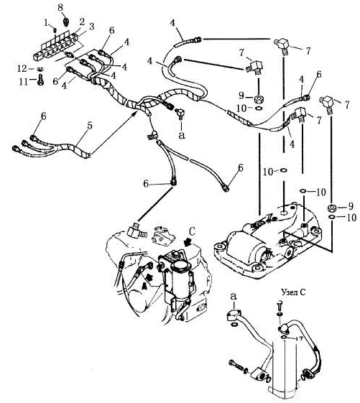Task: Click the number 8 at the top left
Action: tap(60, 7)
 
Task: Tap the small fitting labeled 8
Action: tap(66, 21)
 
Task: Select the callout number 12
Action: tap(22, 69)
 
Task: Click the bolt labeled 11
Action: tap(40, 80)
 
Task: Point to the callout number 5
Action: tap(90, 126)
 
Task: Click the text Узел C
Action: tap(293, 292)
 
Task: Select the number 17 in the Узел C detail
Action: tap(299, 339)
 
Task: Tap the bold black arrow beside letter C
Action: tap(188, 242)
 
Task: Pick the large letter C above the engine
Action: tap(193, 231)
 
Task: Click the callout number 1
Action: tap(46, 23)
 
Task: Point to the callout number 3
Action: tap(91, 27)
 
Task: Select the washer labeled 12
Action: tap(40, 69)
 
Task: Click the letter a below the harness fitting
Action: tap(182, 135)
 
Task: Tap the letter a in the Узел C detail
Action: tap(234, 297)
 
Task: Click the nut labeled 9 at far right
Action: tap(331, 208)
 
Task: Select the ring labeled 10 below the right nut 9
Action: tap(331, 218)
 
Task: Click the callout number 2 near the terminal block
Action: tap(82, 22)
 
